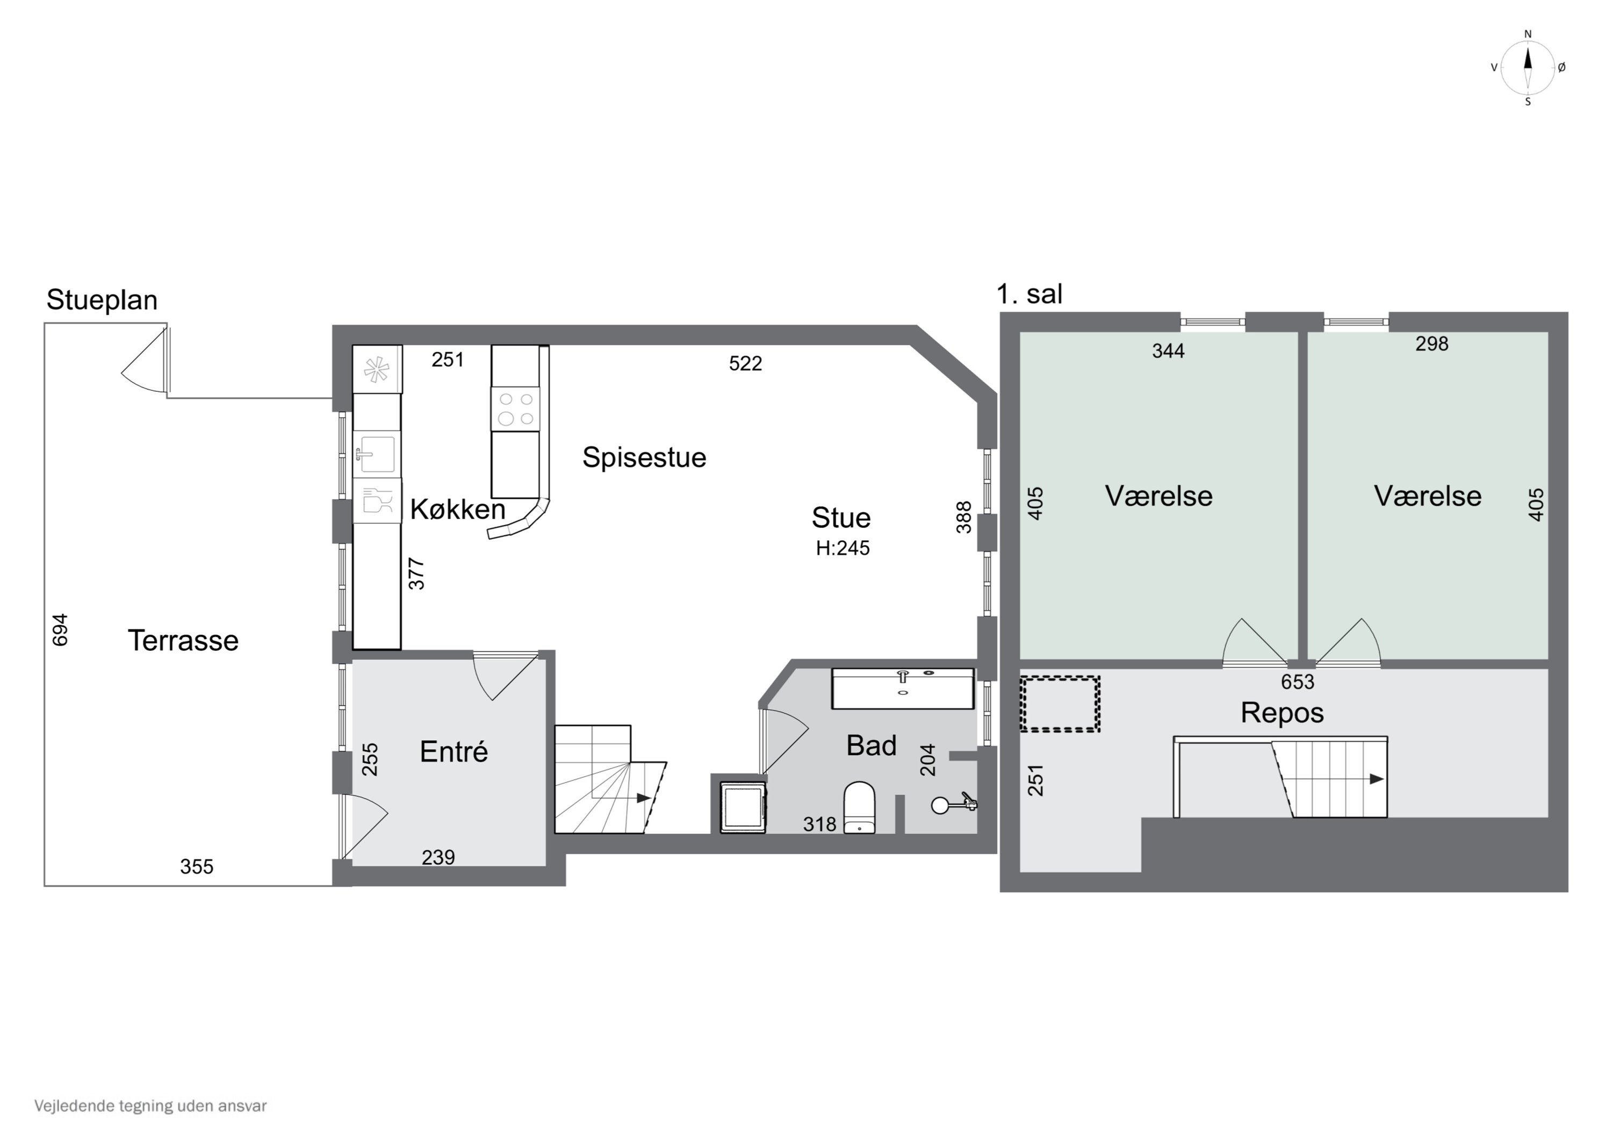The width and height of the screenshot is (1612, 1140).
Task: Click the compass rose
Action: [1527, 67]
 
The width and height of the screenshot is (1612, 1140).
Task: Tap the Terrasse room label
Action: [183, 641]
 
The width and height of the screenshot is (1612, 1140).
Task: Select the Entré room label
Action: [454, 751]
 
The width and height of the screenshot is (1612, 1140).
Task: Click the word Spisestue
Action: [644, 458]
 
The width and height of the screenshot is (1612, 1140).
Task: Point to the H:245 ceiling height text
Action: [843, 548]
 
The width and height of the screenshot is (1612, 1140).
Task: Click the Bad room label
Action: [872, 745]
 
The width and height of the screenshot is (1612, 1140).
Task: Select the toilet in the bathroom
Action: [859, 808]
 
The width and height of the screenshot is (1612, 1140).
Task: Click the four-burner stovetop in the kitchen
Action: [515, 409]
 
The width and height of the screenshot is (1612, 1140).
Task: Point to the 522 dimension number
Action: [745, 363]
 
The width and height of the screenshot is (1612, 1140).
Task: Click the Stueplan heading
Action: [102, 300]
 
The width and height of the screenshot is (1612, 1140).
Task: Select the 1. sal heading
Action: [1030, 293]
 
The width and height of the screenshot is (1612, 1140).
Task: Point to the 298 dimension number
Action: [1431, 343]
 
